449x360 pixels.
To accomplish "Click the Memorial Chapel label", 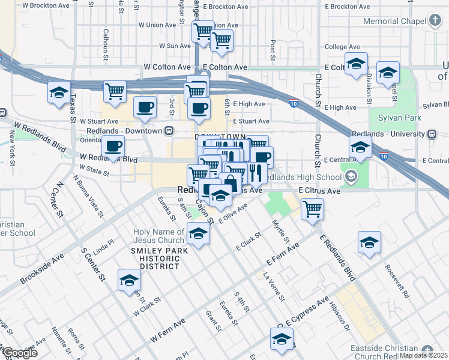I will point(394,21).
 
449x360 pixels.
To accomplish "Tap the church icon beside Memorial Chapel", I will point(435,21).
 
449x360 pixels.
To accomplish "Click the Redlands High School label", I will point(303,178).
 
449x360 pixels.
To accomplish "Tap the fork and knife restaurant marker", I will point(256,173).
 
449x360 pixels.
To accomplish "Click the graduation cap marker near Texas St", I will point(59,93).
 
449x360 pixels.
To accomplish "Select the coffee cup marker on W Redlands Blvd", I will point(113,146).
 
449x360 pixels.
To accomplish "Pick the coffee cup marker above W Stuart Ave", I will point(145,107).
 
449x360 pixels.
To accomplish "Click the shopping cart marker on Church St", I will point(312,209).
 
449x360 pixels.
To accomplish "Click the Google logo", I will point(20,353).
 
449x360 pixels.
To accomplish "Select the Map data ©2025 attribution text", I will point(424,355).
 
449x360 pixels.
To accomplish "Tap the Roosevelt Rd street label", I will point(397,282).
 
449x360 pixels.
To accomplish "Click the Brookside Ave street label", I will point(42,268).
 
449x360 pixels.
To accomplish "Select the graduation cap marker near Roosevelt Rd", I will point(369,242).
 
